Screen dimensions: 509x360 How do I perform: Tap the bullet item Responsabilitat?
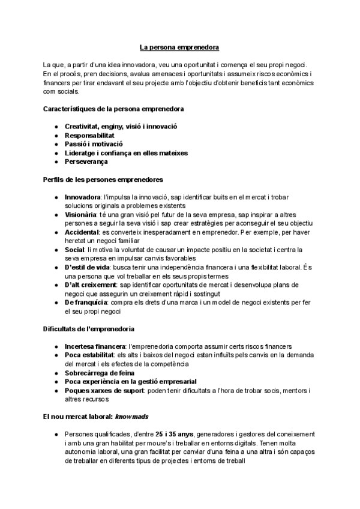pos(89,136)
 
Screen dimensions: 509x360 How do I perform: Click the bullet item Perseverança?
pos(86,162)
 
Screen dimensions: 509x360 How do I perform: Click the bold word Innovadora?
pos(82,197)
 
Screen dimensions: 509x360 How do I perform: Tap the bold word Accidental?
pos(82,232)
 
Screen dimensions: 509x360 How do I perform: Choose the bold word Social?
pos(75,249)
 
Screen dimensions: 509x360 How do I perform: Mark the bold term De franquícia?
pos(86,302)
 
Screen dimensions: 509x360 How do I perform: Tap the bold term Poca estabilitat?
pos(89,355)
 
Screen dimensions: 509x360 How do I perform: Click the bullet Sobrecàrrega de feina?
pos(99,373)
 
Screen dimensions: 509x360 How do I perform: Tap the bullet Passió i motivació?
pos(93,145)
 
